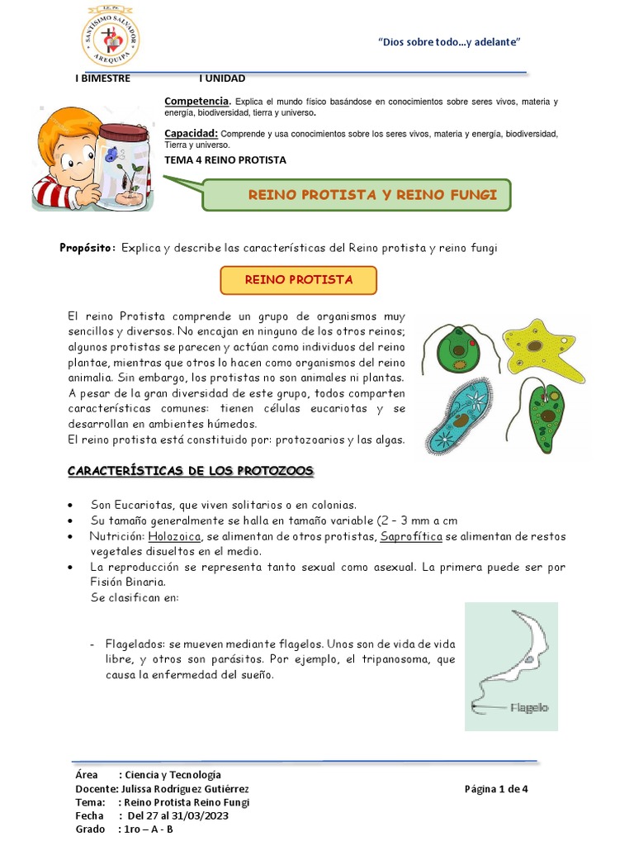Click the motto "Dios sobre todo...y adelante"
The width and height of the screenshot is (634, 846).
coord(448,42)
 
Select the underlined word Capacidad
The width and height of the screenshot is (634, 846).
coord(191,133)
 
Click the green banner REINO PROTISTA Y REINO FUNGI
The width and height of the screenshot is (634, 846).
coord(357,195)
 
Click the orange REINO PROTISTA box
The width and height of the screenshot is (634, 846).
coord(298,280)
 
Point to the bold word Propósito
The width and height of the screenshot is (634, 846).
coord(88,249)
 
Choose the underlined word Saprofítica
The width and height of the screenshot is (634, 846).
coord(411,536)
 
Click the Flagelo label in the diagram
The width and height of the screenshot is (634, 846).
coord(529,707)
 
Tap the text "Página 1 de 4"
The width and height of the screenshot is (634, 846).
coord(495,789)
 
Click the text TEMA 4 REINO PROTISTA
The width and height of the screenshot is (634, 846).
coord(225,159)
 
